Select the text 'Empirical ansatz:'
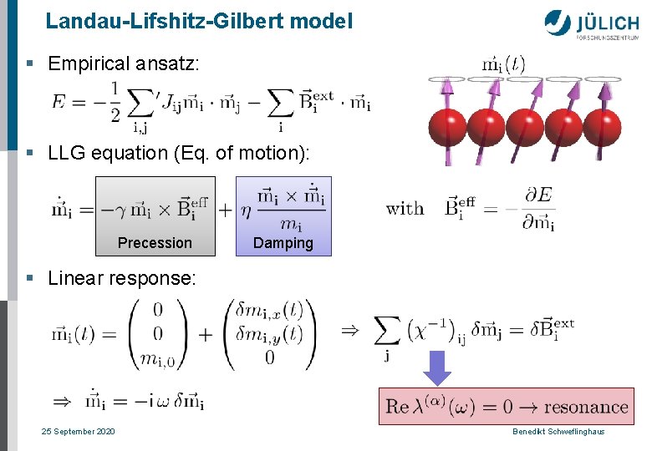tap(124, 63)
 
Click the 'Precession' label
tap(155, 243)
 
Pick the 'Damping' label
tap(283, 243)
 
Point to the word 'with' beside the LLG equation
tap(405, 208)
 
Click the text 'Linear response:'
tap(122, 278)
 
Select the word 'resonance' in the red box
tap(585, 408)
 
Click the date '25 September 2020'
tap(79, 431)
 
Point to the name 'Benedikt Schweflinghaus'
tap(558, 431)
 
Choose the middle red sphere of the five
tap(525, 128)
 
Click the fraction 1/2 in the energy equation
tap(114, 101)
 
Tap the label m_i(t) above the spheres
tap(504, 63)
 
